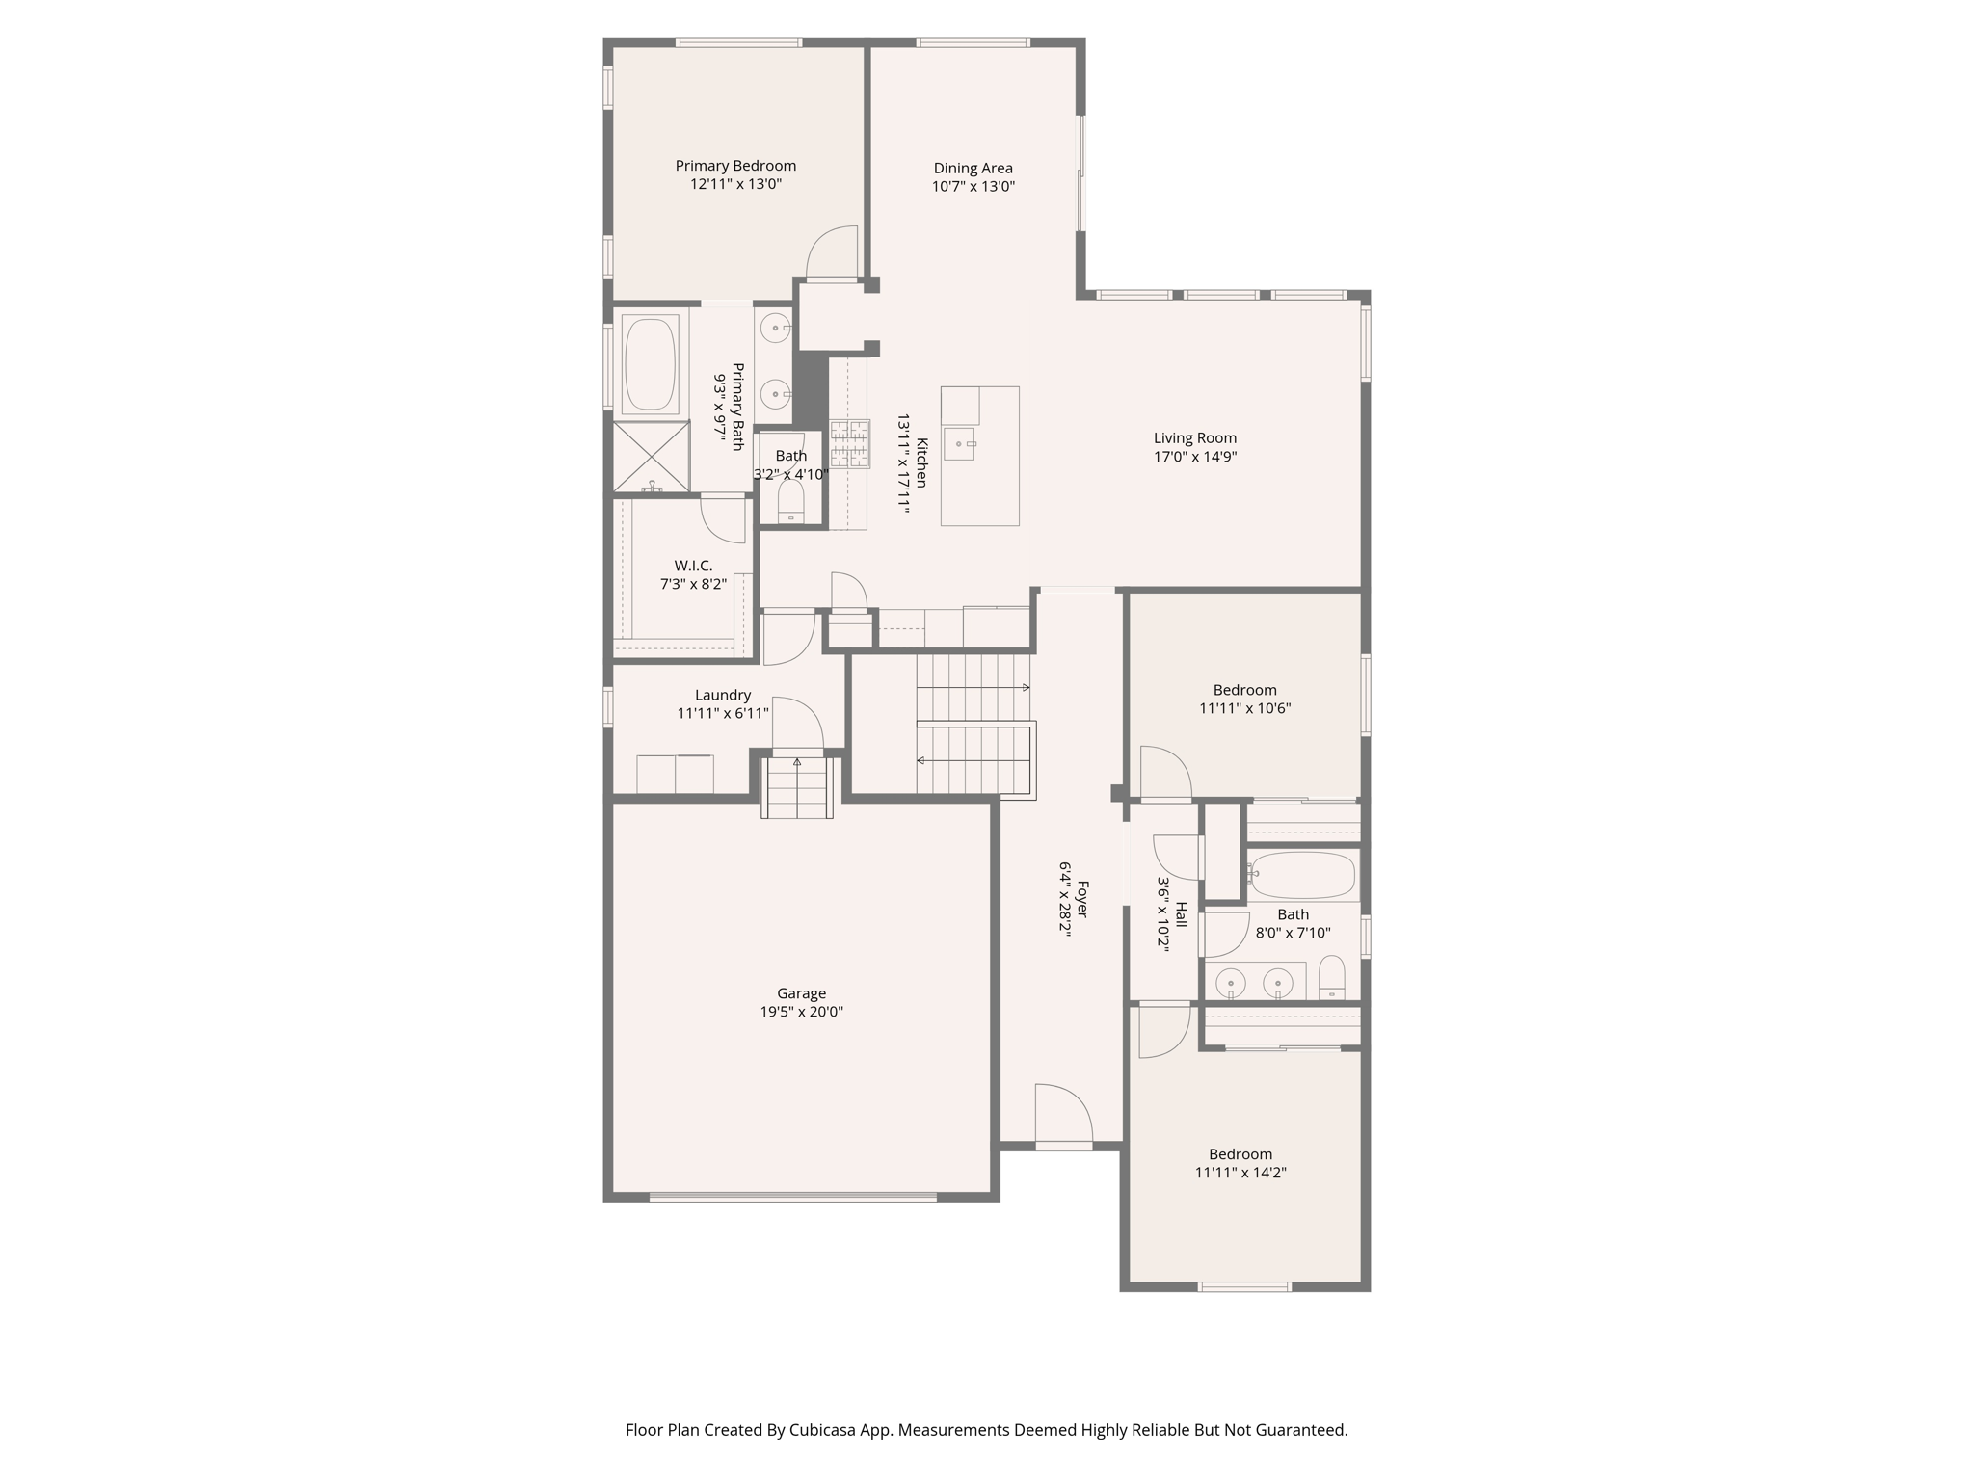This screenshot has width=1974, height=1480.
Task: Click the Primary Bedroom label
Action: point(735,166)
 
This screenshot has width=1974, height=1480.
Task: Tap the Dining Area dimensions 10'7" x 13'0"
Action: point(973,187)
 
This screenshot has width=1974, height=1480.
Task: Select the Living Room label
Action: point(1194,438)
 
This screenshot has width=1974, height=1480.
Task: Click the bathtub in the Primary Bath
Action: point(651,364)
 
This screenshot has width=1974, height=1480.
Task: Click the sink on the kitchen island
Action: point(960,444)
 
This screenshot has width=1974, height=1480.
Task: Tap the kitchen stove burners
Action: point(849,443)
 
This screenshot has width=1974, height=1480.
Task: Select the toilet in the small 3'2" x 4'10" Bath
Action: point(791,503)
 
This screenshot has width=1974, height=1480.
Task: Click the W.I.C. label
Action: point(693,566)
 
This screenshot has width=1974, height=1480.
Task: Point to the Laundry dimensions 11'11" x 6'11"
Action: point(723,714)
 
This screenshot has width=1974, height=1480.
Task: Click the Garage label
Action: point(801,993)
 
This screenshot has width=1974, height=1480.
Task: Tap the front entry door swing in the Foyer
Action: point(1062,1116)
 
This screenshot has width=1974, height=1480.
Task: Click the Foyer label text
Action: point(1083,898)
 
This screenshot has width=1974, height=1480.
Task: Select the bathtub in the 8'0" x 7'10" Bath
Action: point(1303,875)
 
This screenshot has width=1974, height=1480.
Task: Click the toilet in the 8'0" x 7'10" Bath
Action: point(1331,976)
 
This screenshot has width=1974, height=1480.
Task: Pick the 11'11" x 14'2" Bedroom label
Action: point(1240,1154)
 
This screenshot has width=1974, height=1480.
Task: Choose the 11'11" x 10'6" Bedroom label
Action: point(1244,690)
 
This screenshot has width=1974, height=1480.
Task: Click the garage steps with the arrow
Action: point(797,787)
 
